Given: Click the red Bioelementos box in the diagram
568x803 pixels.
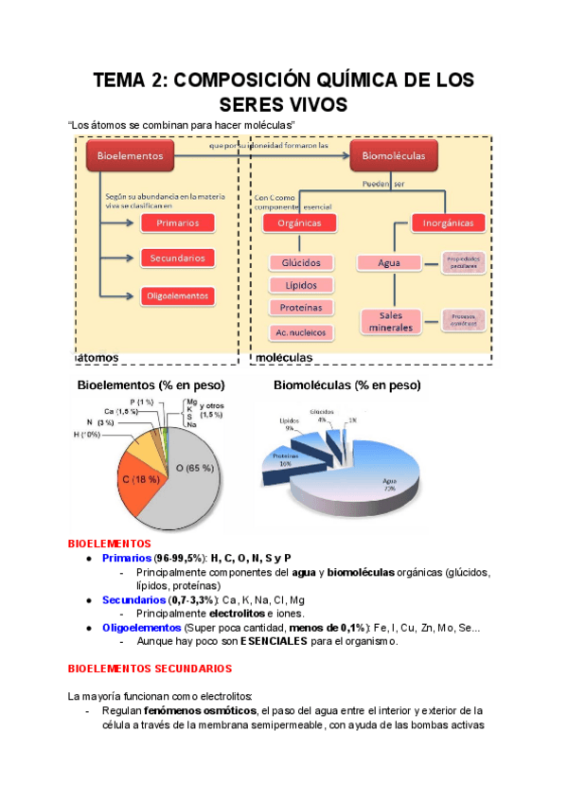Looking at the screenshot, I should coord(129,155).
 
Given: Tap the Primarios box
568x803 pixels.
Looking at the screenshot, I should coord(177,223).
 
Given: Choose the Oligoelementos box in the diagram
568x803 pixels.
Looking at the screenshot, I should coord(177,295).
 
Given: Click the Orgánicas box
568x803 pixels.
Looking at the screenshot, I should coord(299,223).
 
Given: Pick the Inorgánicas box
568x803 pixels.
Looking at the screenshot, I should coord(449,223).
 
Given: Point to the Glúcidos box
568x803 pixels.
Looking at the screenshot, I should coord(302,263).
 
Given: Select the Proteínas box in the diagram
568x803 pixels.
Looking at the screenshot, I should coord(302,308).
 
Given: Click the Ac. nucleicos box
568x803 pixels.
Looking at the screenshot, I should coord(302,332).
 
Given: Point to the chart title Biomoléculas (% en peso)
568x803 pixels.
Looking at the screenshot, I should coord(346,386).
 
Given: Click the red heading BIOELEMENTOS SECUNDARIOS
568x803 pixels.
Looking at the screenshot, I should coord(151,669).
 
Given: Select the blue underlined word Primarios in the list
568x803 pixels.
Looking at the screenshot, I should coord(127,558).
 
